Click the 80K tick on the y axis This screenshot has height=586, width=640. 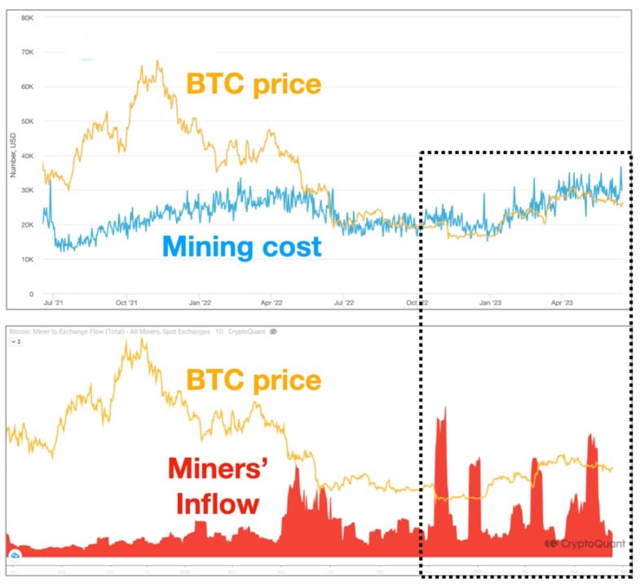[26, 17]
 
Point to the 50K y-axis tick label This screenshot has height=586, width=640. [26, 121]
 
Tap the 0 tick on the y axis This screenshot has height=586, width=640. [31, 294]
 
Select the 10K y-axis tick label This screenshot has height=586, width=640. [26, 260]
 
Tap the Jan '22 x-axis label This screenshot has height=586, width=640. [200, 303]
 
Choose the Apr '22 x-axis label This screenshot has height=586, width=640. [271, 303]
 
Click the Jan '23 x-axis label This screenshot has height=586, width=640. [489, 303]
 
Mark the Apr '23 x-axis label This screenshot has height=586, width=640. [561, 303]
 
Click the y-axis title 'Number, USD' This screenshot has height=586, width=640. [12, 154]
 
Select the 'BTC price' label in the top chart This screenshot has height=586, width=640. [254, 84]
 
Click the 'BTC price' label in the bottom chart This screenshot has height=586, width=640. [254, 380]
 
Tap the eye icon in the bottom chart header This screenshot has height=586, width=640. [274, 332]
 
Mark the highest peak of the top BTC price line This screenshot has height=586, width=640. [157, 61]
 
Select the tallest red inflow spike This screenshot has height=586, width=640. [441, 408]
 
